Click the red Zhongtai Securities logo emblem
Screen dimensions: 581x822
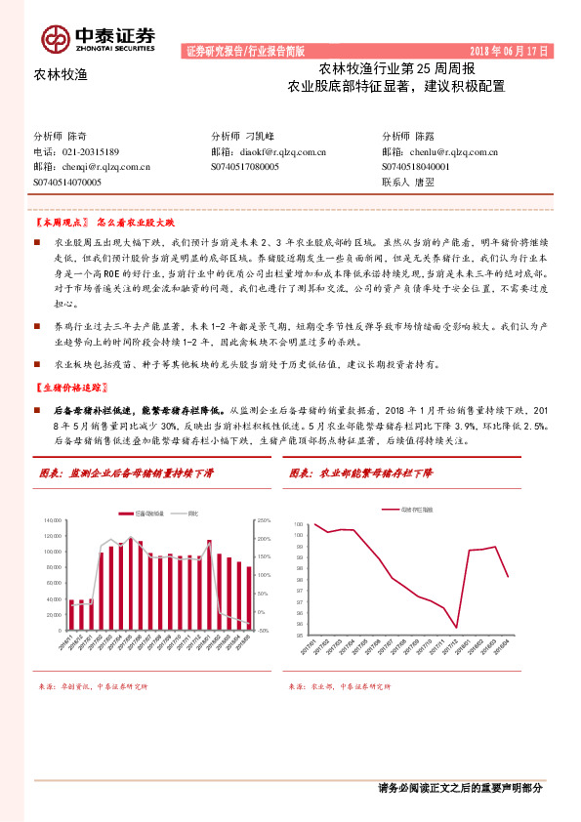coord(56,38)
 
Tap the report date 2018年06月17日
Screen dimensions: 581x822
coord(510,50)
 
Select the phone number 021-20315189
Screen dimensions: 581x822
coord(90,152)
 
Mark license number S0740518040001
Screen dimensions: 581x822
coord(416,166)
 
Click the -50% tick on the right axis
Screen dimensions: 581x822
coord(262,630)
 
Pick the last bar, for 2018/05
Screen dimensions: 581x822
coord(248,597)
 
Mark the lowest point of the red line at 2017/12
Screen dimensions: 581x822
coord(457,628)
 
